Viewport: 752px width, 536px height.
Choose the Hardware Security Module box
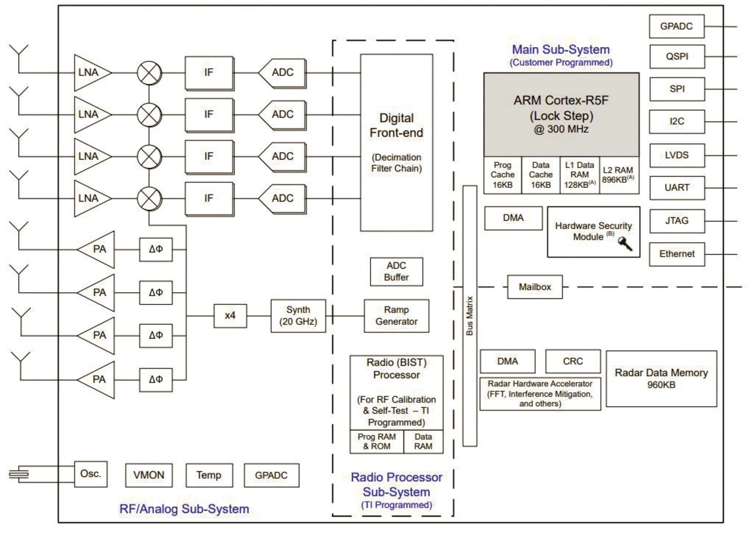(593, 230)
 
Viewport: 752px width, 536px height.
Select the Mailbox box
(533, 288)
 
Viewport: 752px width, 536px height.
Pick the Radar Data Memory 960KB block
(661, 378)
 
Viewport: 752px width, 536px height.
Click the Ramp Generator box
(397, 316)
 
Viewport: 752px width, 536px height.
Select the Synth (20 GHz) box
(298, 316)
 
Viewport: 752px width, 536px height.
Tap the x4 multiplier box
(230, 316)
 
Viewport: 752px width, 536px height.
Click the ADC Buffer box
(397, 271)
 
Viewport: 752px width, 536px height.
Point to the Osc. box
(90, 473)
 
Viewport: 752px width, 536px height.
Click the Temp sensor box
(210, 475)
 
